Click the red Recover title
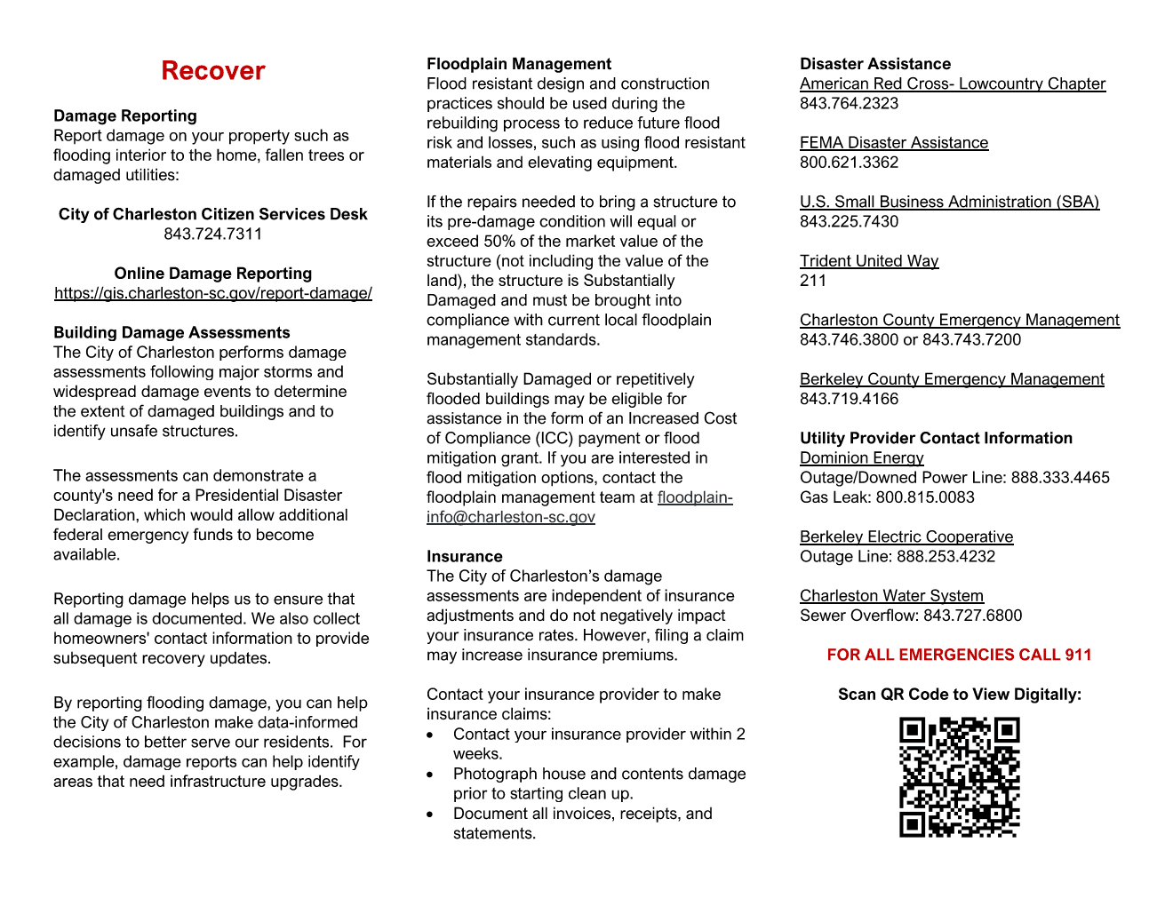click(213, 71)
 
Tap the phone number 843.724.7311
click(213, 234)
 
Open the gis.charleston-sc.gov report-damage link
click(213, 293)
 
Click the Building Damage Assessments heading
click(172, 332)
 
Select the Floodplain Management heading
click(519, 64)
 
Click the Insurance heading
click(464, 556)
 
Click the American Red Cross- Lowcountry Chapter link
click(953, 83)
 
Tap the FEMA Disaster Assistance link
click(894, 143)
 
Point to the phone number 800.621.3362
click(849, 163)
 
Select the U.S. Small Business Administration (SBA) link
click(949, 202)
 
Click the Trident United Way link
click(869, 261)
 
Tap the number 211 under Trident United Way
click(813, 281)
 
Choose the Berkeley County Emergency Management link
click(952, 379)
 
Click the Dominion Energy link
click(861, 458)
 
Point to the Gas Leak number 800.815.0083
click(925, 497)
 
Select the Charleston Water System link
click(891, 596)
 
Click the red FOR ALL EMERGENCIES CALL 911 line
click(959, 655)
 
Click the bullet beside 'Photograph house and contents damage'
click(430, 775)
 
